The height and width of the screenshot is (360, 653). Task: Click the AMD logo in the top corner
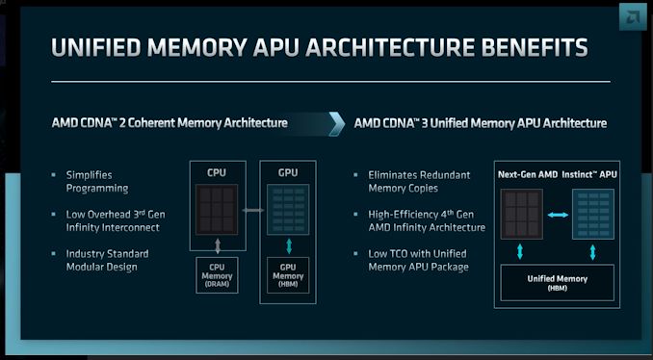click(633, 16)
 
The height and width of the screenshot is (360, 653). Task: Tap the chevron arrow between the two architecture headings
click(336, 123)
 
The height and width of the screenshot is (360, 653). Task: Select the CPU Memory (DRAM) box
click(217, 275)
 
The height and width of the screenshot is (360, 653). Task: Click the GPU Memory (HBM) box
click(288, 275)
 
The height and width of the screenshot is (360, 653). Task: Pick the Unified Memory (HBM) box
click(558, 283)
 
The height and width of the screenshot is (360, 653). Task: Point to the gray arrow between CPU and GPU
click(252, 210)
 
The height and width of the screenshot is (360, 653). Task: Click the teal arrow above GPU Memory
click(289, 246)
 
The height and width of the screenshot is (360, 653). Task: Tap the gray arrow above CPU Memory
click(218, 246)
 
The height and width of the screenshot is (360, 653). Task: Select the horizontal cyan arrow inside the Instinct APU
click(558, 215)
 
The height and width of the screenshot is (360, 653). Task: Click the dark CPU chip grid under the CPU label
click(217, 209)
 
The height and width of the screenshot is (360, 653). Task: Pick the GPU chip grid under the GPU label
click(288, 209)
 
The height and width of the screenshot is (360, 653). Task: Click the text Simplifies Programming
click(97, 182)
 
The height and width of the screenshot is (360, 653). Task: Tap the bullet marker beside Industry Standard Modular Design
click(53, 253)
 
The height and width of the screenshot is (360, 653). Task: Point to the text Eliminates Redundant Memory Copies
click(419, 182)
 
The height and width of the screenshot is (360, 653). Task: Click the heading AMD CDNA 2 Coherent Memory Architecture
click(170, 123)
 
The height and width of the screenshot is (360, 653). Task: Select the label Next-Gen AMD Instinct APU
click(558, 175)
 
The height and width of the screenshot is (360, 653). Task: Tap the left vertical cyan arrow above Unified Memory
click(520, 252)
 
